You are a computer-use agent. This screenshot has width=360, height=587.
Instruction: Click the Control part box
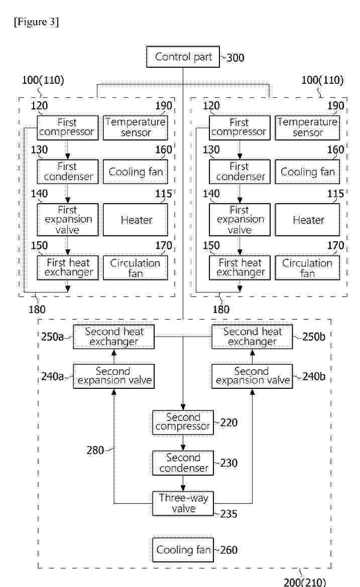click(183, 57)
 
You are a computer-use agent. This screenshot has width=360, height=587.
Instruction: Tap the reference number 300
click(235, 58)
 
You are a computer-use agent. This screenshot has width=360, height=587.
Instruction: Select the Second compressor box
click(183, 422)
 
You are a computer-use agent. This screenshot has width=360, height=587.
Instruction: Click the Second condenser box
click(183, 463)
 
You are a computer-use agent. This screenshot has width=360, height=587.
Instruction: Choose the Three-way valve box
click(183, 504)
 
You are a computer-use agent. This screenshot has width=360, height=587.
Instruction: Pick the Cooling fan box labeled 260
click(183, 550)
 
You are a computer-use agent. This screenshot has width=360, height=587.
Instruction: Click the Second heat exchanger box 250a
click(113, 337)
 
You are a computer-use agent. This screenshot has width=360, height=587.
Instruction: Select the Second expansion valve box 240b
click(252, 376)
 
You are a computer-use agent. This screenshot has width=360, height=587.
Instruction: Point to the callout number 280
click(95, 450)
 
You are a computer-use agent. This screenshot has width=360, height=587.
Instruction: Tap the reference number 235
click(229, 514)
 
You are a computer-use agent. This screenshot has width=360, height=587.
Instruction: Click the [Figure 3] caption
click(36, 22)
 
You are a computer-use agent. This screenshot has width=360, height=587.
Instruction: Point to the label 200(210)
click(305, 582)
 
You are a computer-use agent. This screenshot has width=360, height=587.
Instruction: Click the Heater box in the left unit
click(135, 220)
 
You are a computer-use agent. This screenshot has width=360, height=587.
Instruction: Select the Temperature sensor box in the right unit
click(307, 127)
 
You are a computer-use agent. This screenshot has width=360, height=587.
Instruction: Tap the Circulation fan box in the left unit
click(135, 268)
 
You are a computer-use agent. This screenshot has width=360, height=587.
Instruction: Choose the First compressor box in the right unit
click(239, 127)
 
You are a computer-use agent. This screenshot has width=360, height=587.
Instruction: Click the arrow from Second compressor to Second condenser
click(183, 443)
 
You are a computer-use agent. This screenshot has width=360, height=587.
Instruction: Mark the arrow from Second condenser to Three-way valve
click(183, 483)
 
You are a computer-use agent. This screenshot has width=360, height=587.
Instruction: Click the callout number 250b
click(313, 337)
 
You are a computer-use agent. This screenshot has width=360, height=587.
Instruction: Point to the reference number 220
click(229, 422)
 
